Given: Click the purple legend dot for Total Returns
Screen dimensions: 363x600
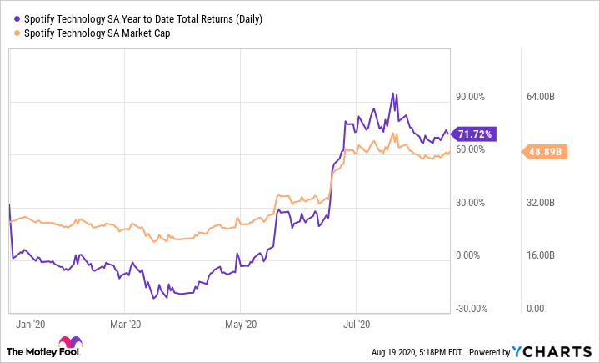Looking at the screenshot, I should click(x=18, y=18).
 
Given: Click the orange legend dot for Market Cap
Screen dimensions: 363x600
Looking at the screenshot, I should click(x=18, y=33).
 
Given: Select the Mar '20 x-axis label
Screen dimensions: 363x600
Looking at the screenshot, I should click(x=126, y=323).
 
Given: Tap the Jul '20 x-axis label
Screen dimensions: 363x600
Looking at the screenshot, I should click(x=357, y=323).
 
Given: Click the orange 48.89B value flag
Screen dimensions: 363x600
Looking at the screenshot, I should click(x=547, y=152).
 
